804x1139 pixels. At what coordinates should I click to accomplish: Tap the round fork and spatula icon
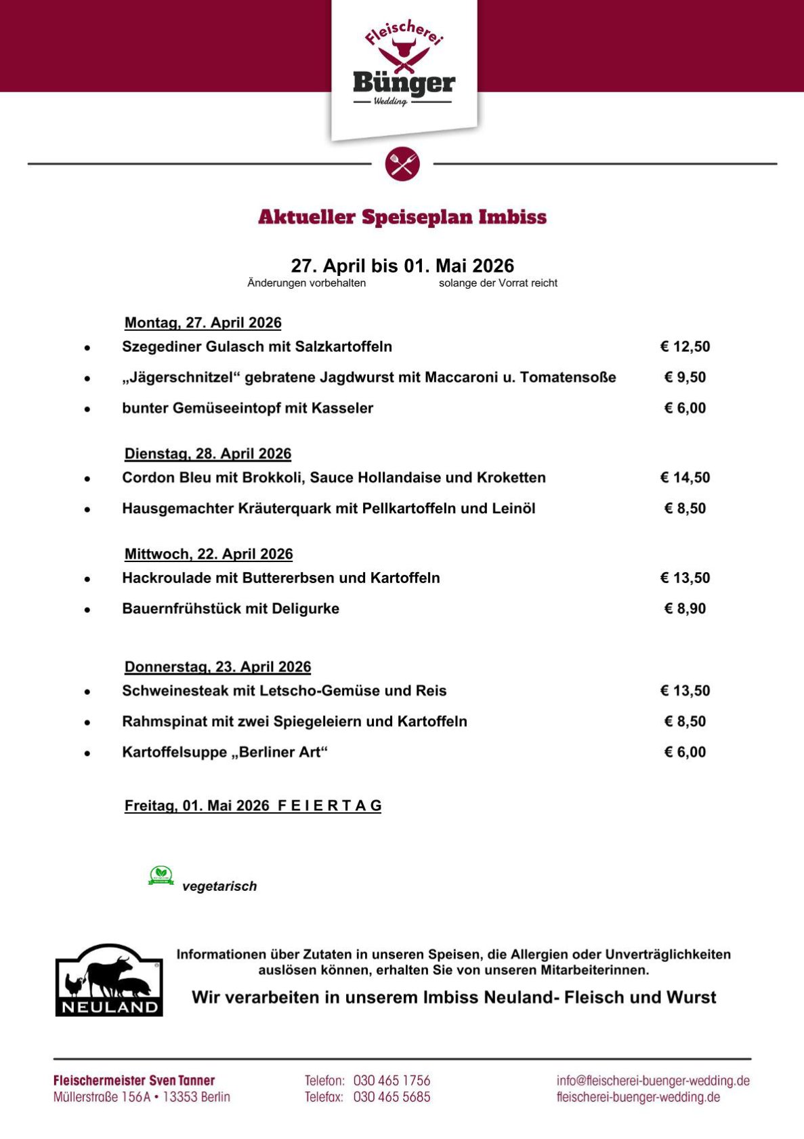[x=402, y=163]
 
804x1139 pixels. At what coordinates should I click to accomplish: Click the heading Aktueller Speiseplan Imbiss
[x=402, y=217]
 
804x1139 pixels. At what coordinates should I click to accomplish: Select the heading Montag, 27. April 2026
[x=203, y=323]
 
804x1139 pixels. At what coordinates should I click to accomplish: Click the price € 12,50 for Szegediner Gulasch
[x=685, y=346]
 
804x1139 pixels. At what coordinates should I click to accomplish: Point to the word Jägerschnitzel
[x=181, y=377]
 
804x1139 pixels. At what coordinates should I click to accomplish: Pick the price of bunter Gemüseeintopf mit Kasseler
[x=685, y=408]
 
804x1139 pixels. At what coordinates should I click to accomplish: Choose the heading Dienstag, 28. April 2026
[x=207, y=454]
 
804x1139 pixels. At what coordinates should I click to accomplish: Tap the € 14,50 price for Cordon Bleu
[x=685, y=477]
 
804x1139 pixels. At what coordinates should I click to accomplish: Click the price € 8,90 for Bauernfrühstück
[x=685, y=609]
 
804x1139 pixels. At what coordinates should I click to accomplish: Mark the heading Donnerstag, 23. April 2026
[x=217, y=666]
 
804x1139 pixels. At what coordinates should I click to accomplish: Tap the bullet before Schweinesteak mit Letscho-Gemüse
[x=87, y=692]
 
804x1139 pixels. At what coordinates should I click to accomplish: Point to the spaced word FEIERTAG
[x=329, y=805]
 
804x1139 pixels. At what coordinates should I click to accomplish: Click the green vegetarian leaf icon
[x=161, y=875]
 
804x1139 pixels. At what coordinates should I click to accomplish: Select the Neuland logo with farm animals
[x=109, y=980]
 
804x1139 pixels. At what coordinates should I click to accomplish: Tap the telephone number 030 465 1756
[x=392, y=1081]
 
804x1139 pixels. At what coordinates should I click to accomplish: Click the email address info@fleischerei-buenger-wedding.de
[x=653, y=1081]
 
